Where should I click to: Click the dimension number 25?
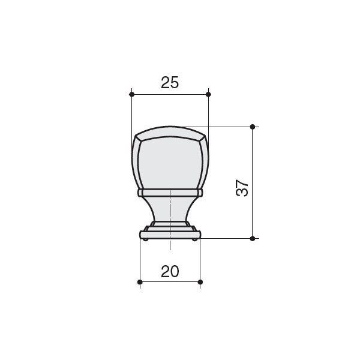[170, 83]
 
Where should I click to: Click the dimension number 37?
[242, 188]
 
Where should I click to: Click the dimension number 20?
[170, 271]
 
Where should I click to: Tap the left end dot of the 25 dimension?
[131, 94]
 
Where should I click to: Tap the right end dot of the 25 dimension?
[208, 94]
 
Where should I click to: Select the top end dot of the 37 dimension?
[253, 127]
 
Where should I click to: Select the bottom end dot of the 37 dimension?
[253, 239]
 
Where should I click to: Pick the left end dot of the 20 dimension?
[140, 282]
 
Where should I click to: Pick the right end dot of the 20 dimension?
[200, 282]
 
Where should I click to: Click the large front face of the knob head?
[170, 163]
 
